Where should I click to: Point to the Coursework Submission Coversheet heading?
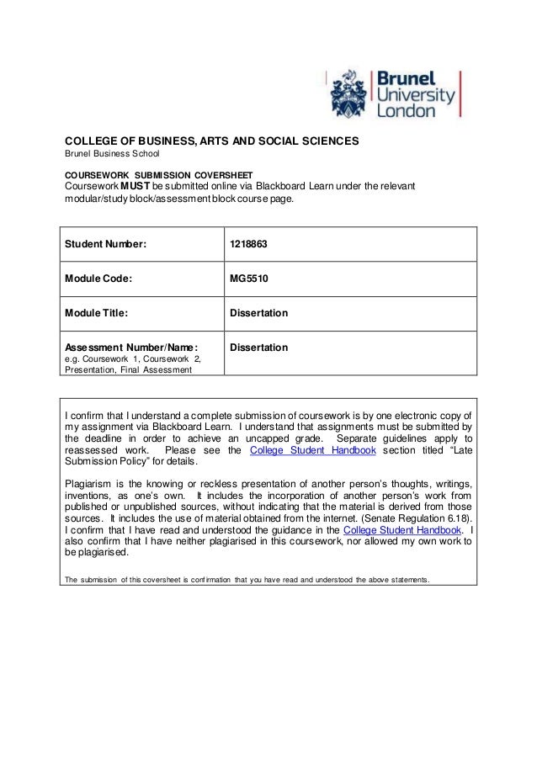pos(148,172)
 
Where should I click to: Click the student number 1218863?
pos(249,244)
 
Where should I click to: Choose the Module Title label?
pos(97,313)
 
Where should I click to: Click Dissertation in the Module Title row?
pos(259,313)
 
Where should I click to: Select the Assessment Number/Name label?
pos(131,347)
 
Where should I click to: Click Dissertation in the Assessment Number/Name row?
pos(259,347)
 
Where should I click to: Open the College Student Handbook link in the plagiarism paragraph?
pos(403,529)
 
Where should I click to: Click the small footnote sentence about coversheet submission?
pos(247,579)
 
